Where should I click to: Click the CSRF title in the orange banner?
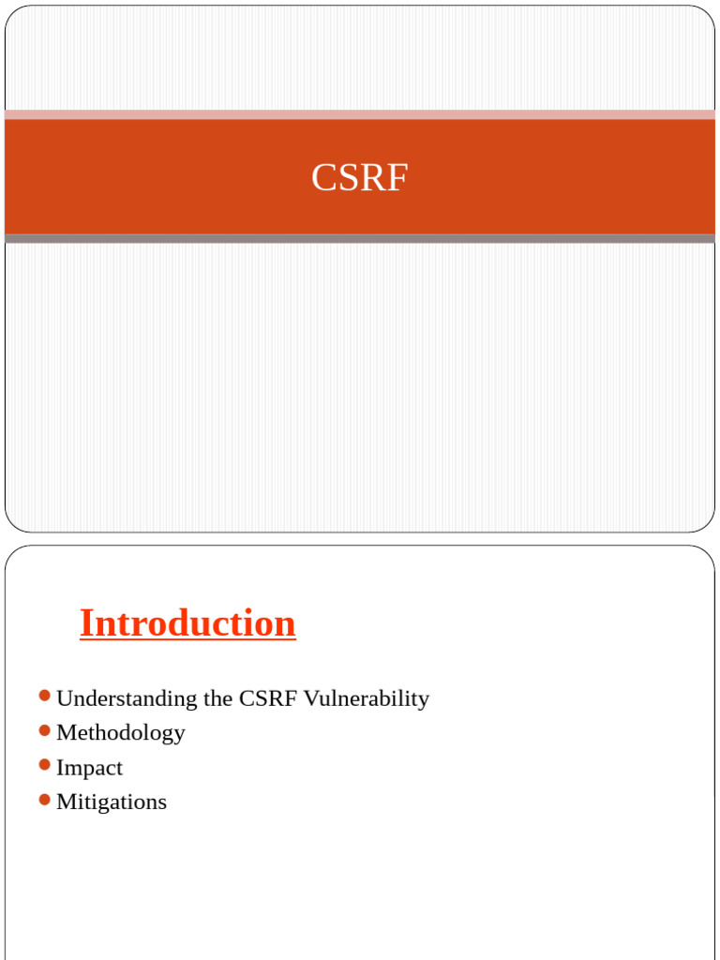click(x=359, y=177)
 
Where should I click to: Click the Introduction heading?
click(x=187, y=623)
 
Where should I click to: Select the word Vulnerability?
click(x=367, y=698)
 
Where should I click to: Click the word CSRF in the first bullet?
click(x=268, y=698)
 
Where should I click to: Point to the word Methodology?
click(x=121, y=733)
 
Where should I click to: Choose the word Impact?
click(x=89, y=768)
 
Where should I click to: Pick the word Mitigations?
click(x=112, y=802)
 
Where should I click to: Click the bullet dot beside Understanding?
click(x=45, y=696)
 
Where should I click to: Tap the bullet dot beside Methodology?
click(x=45, y=730)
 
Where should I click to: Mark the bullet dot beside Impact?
click(x=45, y=765)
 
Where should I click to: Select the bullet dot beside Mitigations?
click(x=45, y=800)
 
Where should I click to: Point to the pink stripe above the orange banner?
click(x=359, y=114)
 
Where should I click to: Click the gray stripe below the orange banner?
click(x=359, y=239)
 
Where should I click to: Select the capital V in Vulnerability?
click(x=310, y=698)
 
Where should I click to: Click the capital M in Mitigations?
click(x=66, y=802)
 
